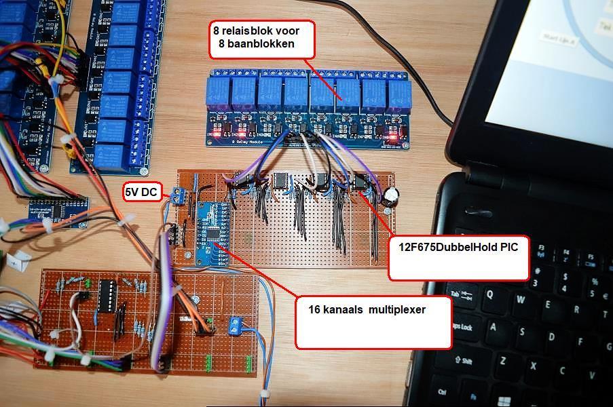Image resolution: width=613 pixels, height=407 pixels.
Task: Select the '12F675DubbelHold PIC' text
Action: [x=458, y=248]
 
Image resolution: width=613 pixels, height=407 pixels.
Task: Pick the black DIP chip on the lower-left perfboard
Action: [x=107, y=296]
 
